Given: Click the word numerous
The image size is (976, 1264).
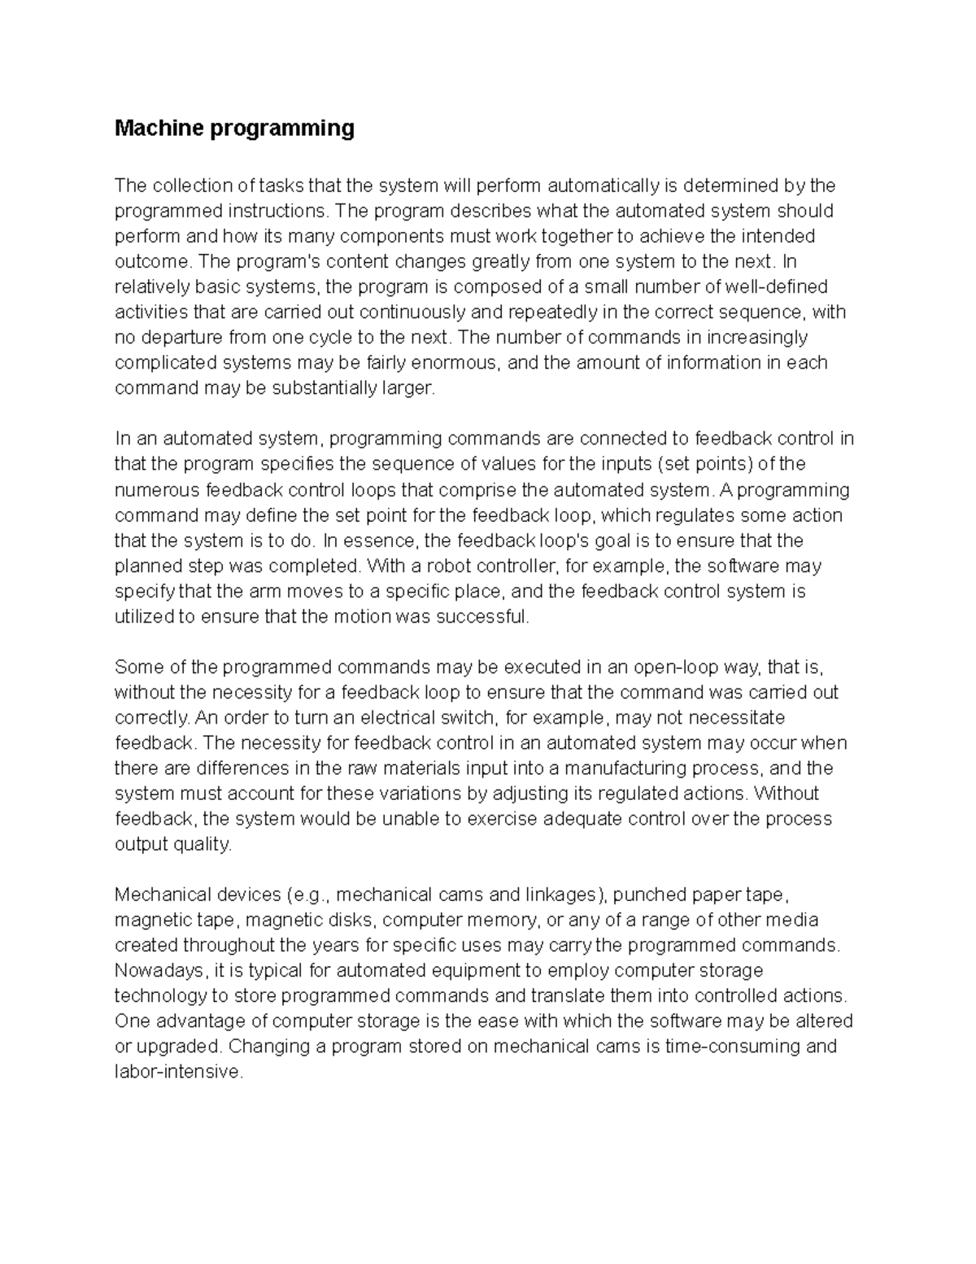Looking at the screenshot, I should [x=158, y=490].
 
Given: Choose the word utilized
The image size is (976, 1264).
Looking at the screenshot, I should [x=144, y=616].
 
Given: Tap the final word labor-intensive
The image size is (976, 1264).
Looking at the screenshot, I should [x=178, y=1072].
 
